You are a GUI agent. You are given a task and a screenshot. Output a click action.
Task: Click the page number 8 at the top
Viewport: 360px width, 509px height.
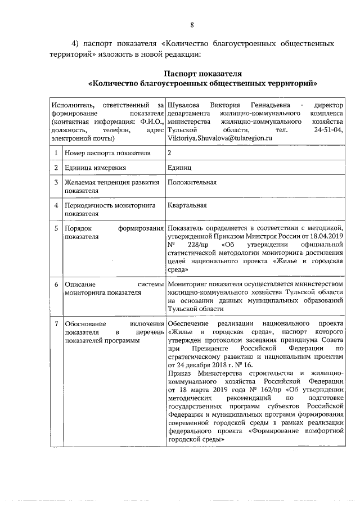point(192,24)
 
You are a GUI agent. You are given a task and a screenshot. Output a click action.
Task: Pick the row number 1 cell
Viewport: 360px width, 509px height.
point(56,152)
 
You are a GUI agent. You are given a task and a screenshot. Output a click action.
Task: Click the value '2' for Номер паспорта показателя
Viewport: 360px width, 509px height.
point(169,152)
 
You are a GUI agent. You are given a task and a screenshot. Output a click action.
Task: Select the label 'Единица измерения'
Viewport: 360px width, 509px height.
point(94,168)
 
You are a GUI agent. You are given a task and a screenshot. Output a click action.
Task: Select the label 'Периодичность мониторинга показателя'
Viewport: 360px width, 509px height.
point(101,210)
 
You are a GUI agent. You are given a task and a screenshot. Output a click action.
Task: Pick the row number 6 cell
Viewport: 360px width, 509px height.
point(56,285)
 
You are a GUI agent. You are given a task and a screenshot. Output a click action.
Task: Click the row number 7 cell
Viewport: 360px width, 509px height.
point(56,325)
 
